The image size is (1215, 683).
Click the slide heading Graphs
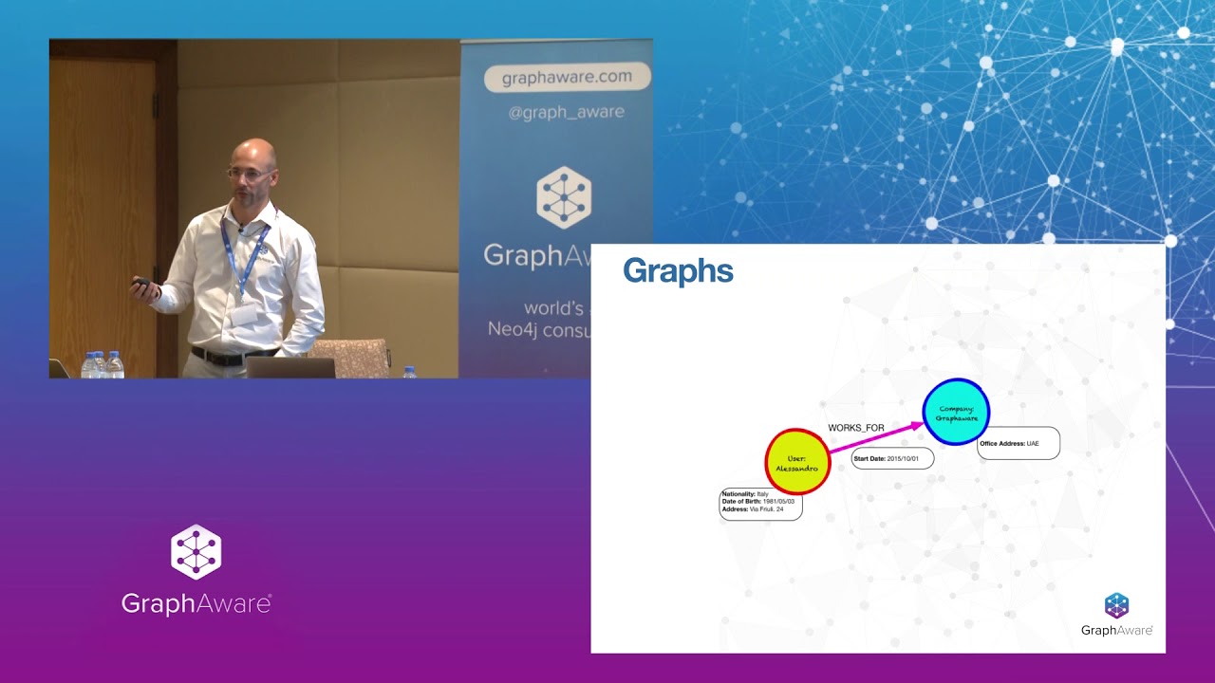(x=678, y=271)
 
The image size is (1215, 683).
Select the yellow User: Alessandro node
(x=797, y=462)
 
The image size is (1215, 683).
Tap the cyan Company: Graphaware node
(x=956, y=412)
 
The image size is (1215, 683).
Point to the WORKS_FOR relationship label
(x=855, y=428)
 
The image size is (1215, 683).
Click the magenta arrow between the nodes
(x=875, y=438)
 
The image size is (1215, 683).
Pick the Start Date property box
(x=892, y=458)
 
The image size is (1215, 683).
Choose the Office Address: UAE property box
(x=1018, y=443)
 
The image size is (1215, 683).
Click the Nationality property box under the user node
(x=760, y=503)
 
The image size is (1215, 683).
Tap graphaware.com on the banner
(x=567, y=78)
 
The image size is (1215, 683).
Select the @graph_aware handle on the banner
(x=567, y=112)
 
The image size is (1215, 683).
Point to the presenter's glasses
(x=251, y=174)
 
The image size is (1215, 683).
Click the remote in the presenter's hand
(x=140, y=283)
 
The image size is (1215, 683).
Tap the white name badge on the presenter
(x=244, y=315)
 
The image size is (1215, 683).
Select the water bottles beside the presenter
(x=103, y=365)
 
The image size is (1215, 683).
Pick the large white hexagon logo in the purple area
(x=196, y=552)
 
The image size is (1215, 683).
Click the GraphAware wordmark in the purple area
(x=196, y=603)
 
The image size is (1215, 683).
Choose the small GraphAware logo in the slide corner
(x=1116, y=614)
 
